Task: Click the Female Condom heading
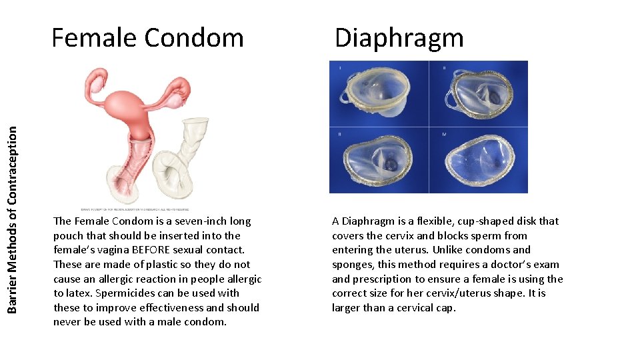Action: [147, 37]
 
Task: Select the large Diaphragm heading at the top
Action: [399, 37]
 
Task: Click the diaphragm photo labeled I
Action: [379, 94]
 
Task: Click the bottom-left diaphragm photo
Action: [379, 160]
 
